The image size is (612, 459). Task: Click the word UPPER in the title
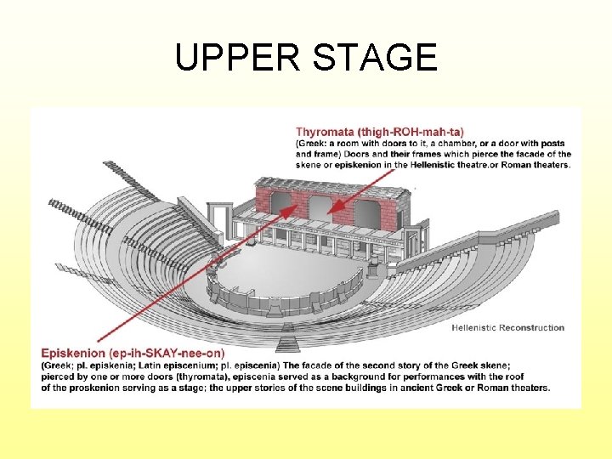click(238, 57)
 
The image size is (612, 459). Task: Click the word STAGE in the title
click(375, 57)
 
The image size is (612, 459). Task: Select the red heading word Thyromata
click(325, 132)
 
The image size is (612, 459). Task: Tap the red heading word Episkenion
click(73, 354)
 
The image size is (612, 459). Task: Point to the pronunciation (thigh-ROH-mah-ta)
click(411, 132)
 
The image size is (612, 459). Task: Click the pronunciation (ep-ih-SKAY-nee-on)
click(167, 354)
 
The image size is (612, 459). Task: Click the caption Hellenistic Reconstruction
click(507, 327)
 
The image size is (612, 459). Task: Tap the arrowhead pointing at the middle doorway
click(335, 207)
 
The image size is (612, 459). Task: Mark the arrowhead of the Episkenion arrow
click(289, 211)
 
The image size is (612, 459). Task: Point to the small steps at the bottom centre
click(287, 343)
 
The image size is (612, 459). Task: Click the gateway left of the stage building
click(220, 219)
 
